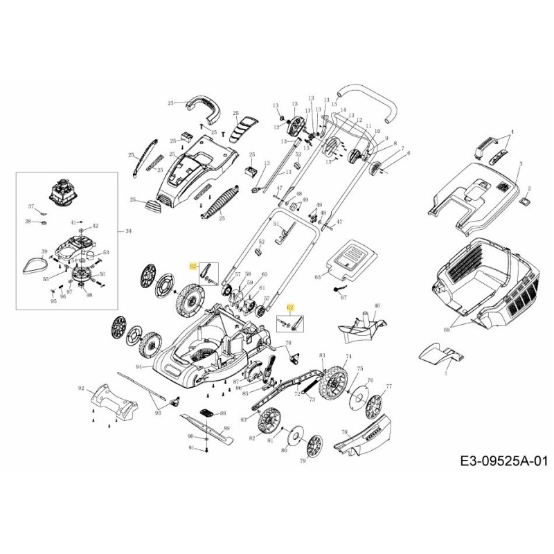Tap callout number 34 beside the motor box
click(x=127, y=231)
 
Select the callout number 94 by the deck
click(x=139, y=366)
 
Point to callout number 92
click(x=81, y=388)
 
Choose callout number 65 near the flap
click(x=318, y=276)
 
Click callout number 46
click(x=377, y=305)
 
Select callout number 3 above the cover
click(x=520, y=163)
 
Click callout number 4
click(x=513, y=131)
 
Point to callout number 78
click(x=344, y=432)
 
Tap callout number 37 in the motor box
click(x=30, y=207)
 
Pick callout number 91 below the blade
click(x=191, y=448)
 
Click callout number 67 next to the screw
click(x=343, y=297)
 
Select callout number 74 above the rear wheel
click(x=348, y=355)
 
